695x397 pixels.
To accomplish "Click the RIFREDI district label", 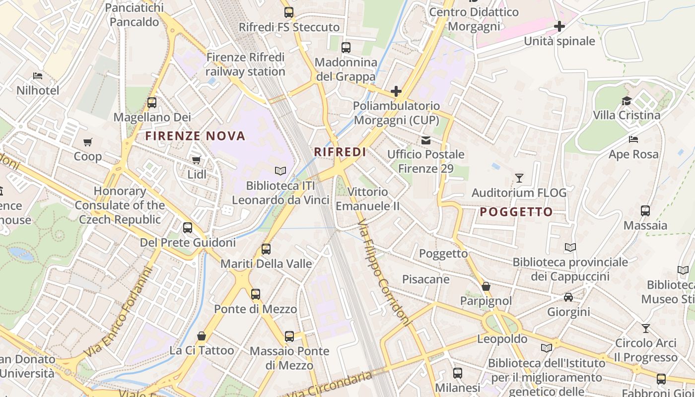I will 340,152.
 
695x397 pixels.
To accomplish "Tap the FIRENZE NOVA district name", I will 195,136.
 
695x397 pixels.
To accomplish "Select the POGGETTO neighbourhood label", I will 516,212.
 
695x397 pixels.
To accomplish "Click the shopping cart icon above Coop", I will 88,142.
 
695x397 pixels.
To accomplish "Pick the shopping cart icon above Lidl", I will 197,160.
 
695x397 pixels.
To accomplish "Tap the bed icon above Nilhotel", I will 38,76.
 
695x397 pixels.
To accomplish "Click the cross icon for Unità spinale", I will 559,26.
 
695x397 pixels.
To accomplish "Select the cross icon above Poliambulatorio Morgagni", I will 396,91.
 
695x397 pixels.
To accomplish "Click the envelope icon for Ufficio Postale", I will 426,140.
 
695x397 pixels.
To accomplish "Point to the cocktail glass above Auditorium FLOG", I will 519,178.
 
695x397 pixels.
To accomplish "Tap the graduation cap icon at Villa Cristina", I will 626,101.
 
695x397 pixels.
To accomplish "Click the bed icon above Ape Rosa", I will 633,139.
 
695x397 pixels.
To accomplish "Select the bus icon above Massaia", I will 645,211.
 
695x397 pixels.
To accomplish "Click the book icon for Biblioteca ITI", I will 280,171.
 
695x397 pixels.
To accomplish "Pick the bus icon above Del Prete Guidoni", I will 188,228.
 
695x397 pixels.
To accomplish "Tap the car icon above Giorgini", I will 568,297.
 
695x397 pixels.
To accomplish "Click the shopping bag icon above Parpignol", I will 486,286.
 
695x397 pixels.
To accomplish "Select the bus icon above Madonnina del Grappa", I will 346,48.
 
